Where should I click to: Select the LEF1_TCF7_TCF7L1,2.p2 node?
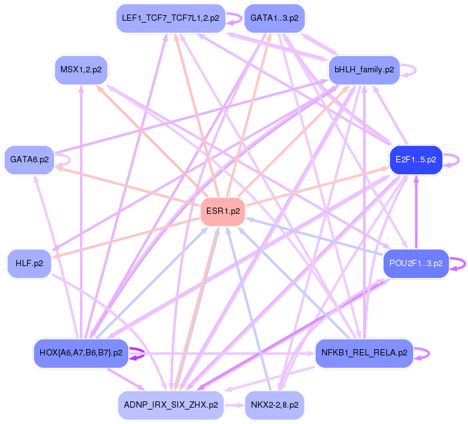click(171, 18)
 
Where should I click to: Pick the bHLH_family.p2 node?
click(364, 70)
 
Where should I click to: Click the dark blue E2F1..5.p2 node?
click(416, 160)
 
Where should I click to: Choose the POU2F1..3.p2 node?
click(416, 263)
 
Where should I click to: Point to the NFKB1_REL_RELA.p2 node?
click(364, 352)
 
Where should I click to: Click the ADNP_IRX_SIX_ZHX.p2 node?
click(170, 404)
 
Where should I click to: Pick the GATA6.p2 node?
click(29, 160)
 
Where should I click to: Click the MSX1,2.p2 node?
click(81, 70)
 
